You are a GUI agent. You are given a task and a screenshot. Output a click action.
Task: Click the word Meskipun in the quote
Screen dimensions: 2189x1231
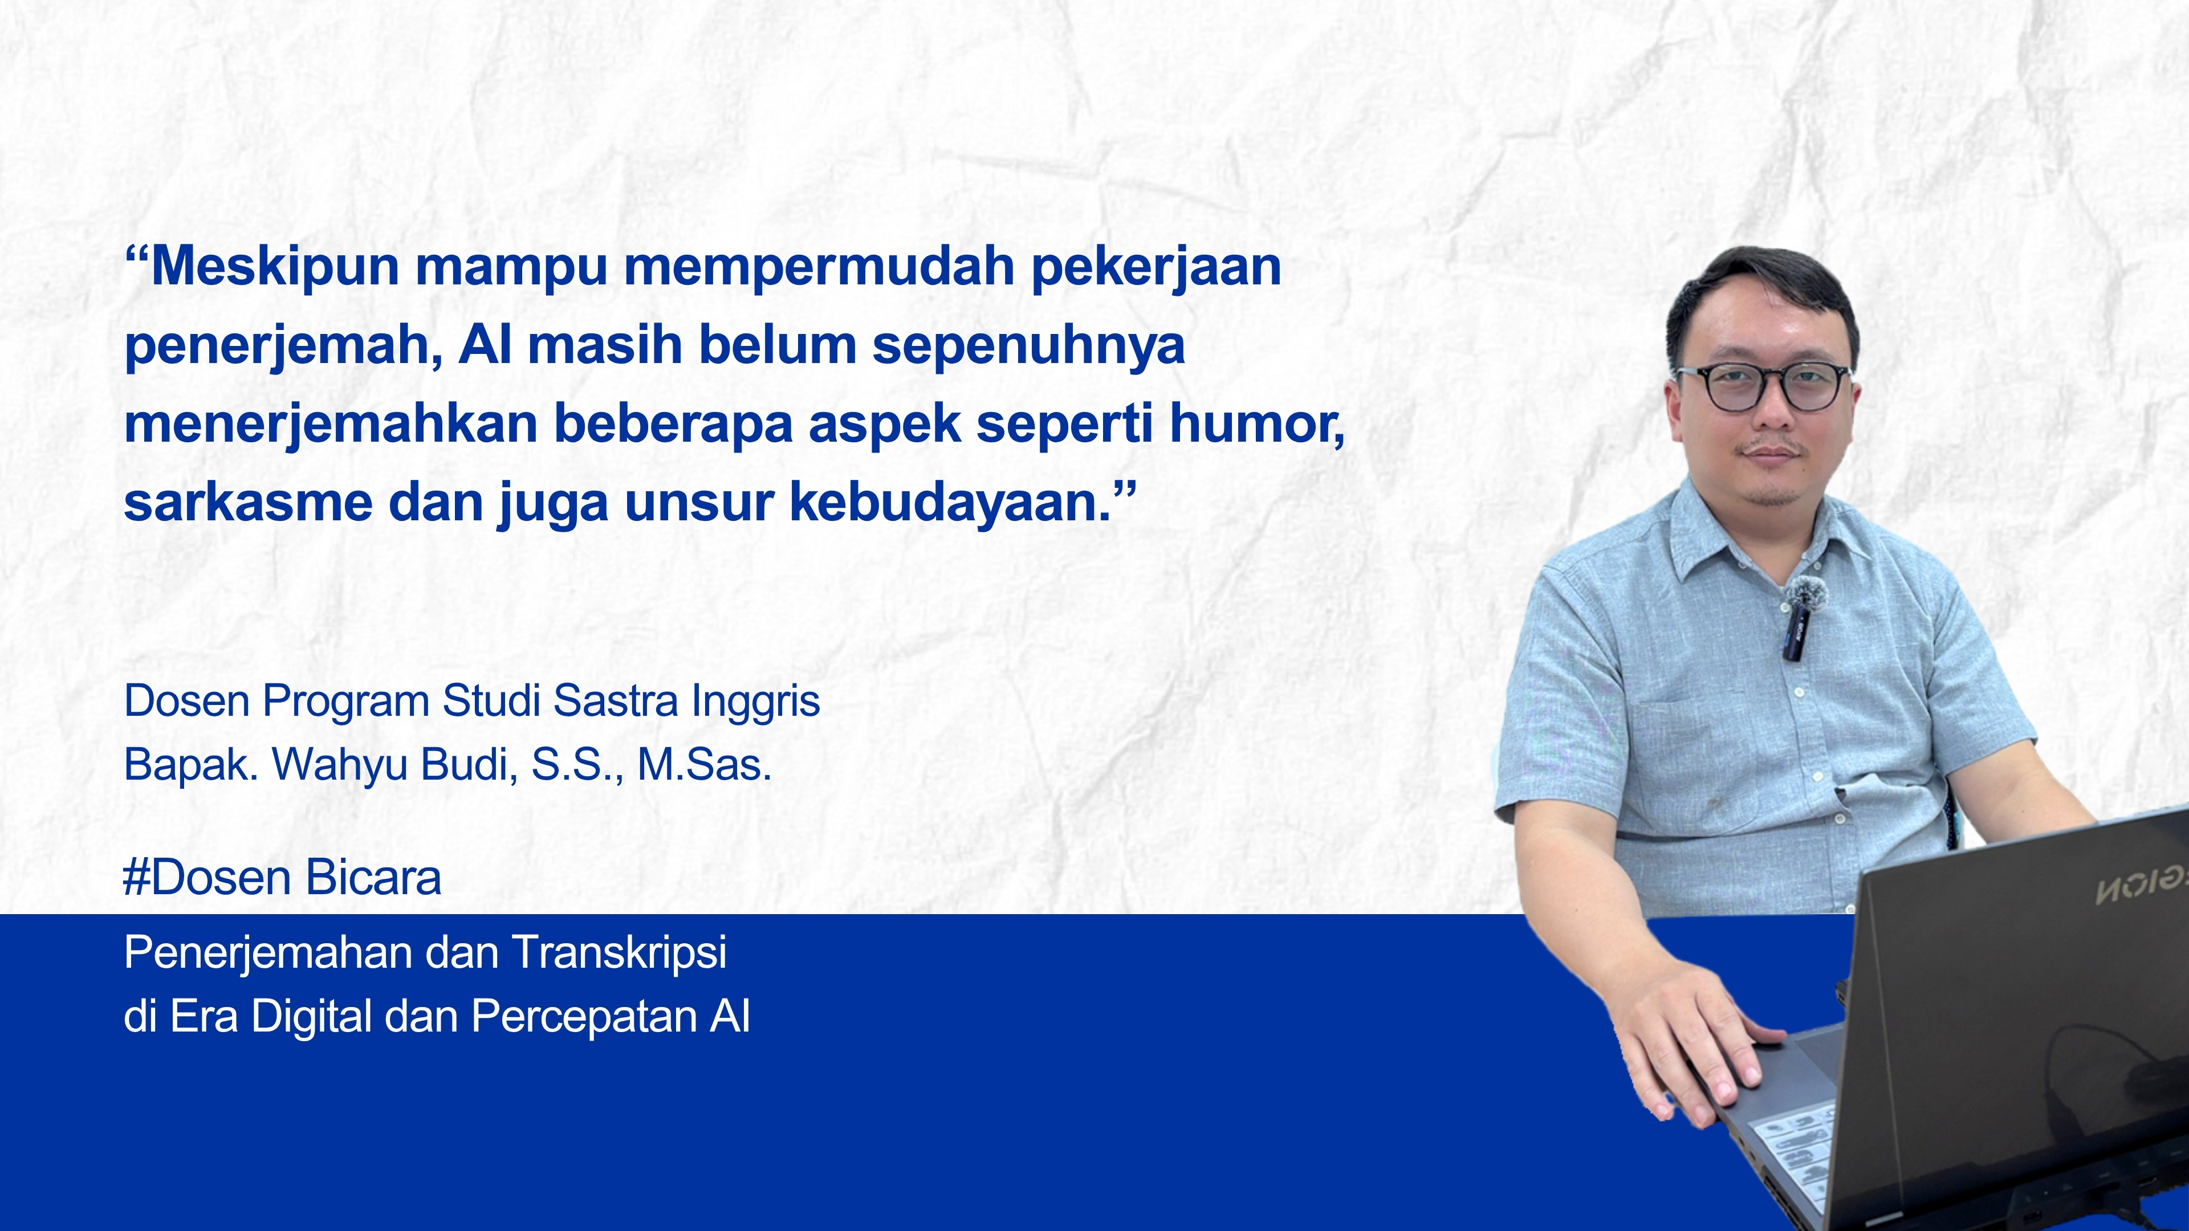[274, 266]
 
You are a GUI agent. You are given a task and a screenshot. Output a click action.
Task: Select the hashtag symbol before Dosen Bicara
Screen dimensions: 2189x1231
[136, 878]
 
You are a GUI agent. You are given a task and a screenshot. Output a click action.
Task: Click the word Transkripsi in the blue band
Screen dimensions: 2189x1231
[620, 952]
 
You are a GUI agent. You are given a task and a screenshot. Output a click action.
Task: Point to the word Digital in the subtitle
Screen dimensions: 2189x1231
[312, 1016]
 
